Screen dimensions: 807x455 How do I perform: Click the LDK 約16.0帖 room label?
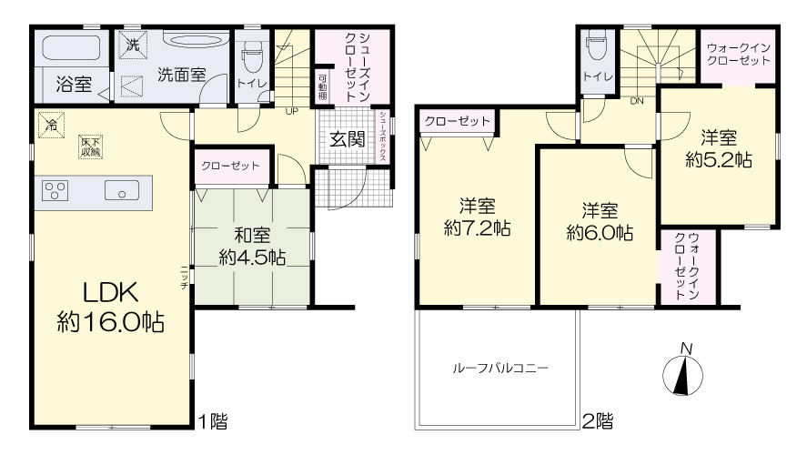pyautogui.click(x=111, y=308)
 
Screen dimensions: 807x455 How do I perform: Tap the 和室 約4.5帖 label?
pyautogui.click(x=252, y=247)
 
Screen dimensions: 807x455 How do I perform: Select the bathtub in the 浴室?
pyautogui.click(x=74, y=48)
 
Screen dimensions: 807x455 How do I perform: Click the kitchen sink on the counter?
pyautogui.click(x=122, y=190)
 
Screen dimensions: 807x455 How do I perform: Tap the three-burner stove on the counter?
pyautogui.click(x=55, y=190)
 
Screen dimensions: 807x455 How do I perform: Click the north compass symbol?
pyautogui.click(x=683, y=370)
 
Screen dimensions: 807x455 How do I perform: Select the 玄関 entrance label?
pyautogui.click(x=348, y=139)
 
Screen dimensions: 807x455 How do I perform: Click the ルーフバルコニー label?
pyautogui.click(x=500, y=368)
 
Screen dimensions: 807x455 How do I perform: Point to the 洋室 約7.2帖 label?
pyautogui.click(x=477, y=217)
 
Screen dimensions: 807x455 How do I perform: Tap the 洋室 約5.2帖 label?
pyautogui.click(x=719, y=148)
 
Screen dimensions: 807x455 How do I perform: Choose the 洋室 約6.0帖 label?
pyautogui.click(x=600, y=221)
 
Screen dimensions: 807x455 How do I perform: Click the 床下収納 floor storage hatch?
pyautogui.click(x=91, y=147)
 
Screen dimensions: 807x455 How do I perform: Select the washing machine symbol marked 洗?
pyautogui.click(x=133, y=45)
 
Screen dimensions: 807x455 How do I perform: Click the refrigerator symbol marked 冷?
pyautogui.click(x=52, y=125)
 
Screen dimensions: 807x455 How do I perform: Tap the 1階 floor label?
pyautogui.click(x=213, y=422)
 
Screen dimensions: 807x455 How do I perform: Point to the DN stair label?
pyautogui.click(x=637, y=101)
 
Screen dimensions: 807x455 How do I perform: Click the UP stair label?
pyautogui.click(x=292, y=111)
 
